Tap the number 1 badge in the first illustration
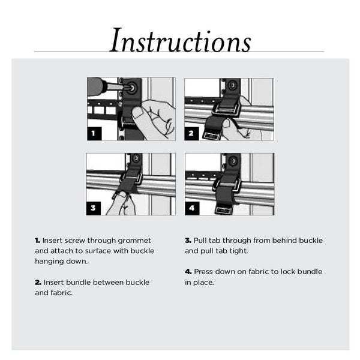tap(94, 133)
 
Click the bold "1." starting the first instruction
tap(38, 241)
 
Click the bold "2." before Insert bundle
tap(38, 282)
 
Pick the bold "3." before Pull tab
tap(188, 241)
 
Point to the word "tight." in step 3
tap(238, 251)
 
